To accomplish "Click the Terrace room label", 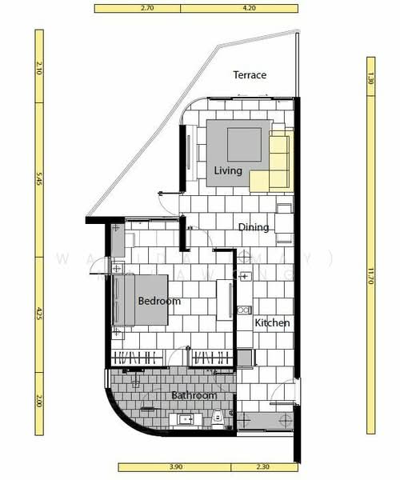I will point(250,75).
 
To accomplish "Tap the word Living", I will point(228,170).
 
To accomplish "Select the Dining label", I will point(254,227).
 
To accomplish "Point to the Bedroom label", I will point(159,302).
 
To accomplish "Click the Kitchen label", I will point(272,323).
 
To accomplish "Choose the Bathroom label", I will point(194,395).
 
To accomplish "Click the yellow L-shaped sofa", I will point(275,164).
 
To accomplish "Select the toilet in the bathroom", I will point(218,417).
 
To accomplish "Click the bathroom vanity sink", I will point(186,419).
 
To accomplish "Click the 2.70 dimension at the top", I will point(146,10).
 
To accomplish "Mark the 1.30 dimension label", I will point(370,78).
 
